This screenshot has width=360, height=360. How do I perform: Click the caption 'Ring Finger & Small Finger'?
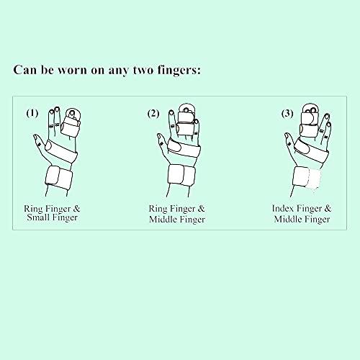pyautogui.click(x=60, y=213)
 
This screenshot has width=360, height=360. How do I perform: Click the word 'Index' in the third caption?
pyautogui.click(x=283, y=208)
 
